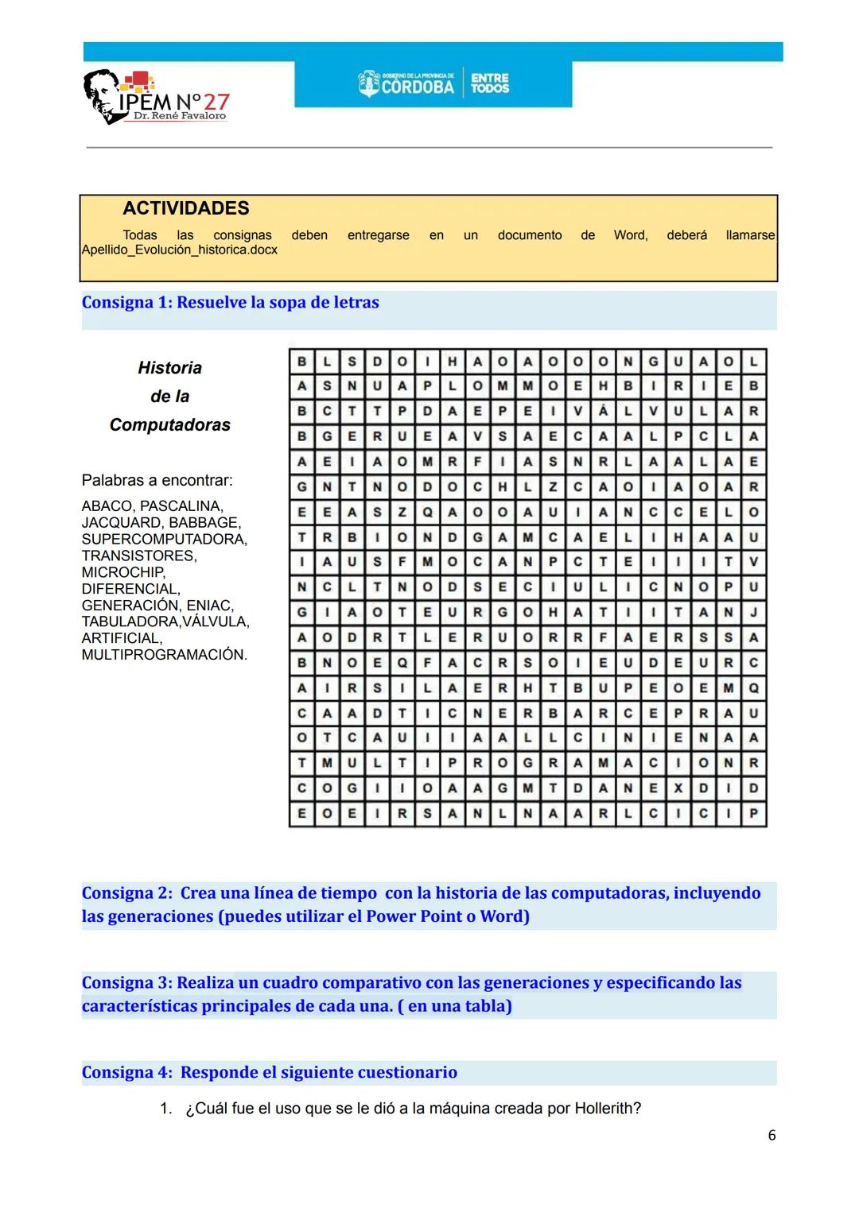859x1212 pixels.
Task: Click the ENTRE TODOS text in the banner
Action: (x=489, y=83)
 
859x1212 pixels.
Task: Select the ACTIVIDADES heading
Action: (x=185, y=208)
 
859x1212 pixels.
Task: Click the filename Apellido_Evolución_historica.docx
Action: (x=180, y=250)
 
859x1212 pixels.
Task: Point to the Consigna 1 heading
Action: (x=230, y=302)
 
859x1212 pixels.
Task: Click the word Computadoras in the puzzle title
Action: (x=169, y=424)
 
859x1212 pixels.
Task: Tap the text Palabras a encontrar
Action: (x=157, y=480)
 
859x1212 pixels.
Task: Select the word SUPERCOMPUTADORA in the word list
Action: (x=163, y=539)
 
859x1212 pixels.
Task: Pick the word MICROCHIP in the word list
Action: (x=122, y=572)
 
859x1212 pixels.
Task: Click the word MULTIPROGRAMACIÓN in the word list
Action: (x=164, y=655)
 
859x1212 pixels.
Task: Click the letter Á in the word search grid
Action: (x=603, y=412)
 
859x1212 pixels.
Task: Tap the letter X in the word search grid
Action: (x=678, y=788)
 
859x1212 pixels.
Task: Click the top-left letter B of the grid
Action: (x=301, y=362)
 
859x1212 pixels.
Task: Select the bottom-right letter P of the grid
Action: (x=753, y=814)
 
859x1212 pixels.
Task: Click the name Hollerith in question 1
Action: (x=607, y=1108)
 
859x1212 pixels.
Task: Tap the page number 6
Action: (x=771, y=1135)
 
